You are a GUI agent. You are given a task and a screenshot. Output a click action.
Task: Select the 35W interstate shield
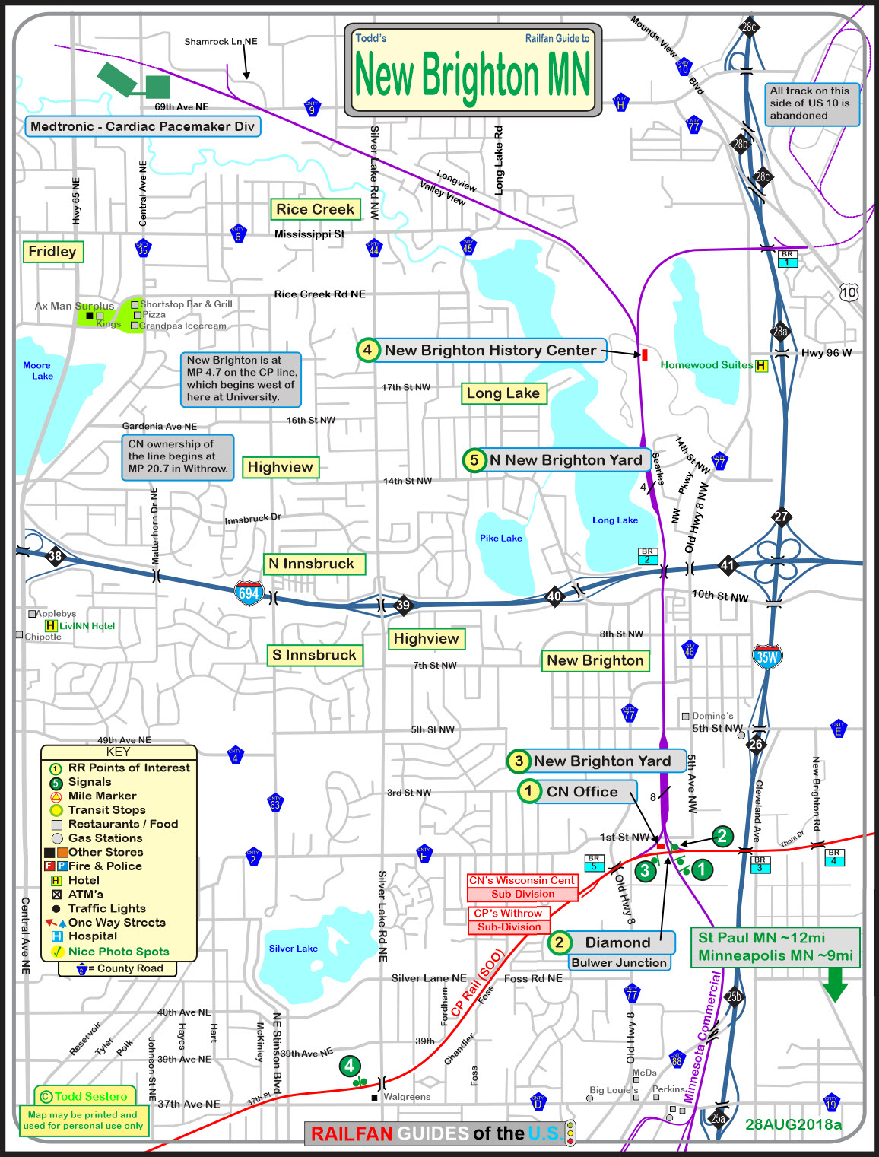(x=766, y=656)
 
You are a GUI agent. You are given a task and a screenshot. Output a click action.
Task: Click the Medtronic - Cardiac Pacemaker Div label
(x=142, y=126)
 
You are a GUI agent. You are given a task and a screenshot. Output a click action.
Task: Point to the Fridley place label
(x=52, y=251)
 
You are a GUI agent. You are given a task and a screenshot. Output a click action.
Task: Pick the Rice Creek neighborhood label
(x=315, y=209)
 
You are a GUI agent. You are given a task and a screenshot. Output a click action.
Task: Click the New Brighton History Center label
(x=490, y=351)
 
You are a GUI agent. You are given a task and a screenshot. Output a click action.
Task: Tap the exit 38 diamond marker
(x=55, y=556)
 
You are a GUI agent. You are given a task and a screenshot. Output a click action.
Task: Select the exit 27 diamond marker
(x=781, y=517)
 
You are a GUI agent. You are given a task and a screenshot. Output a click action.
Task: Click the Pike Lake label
(x=500, y=538)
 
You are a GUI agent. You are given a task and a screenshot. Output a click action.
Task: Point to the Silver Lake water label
(x=293, y=949)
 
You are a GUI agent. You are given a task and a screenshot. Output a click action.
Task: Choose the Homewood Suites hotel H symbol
(x=760, y=365)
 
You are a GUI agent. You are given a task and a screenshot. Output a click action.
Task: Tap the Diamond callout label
(x=617, y=942)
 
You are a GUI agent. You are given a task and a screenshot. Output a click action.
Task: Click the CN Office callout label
(x=582, y=792)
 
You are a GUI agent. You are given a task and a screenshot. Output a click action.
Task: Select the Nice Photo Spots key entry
(x=118, y=952)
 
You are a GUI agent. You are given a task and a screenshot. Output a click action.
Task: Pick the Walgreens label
(x=406, y=1097)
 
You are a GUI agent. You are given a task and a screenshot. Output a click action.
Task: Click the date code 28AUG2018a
(x=793, y=1124)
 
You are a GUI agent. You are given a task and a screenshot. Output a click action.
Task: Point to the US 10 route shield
(x=849, y=292)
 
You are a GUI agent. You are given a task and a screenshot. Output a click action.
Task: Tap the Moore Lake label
(x=37, y=370)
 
